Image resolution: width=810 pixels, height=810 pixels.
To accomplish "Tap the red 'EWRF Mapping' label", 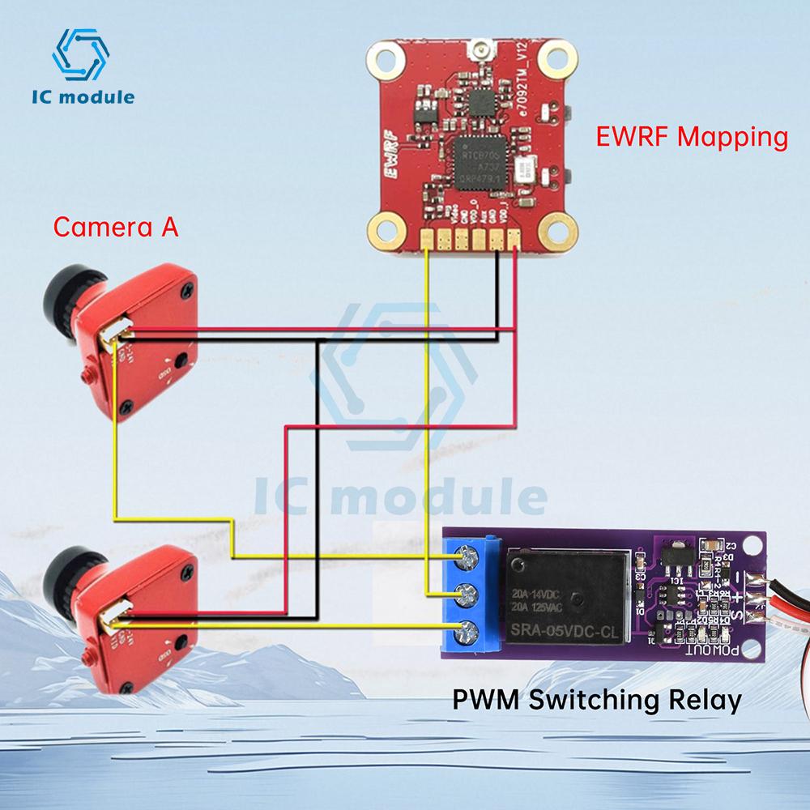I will tap(691, 136).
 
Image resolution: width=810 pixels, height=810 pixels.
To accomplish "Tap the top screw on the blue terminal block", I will tap(467, 557).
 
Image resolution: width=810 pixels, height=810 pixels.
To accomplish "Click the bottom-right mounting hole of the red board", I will tap(557, 232).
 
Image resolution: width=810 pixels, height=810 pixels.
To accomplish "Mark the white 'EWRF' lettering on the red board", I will tap(389, 158).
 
